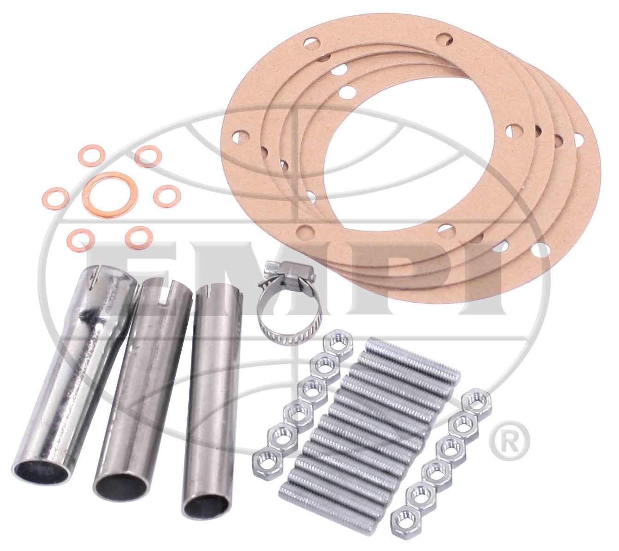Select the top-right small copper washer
(147, 156)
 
